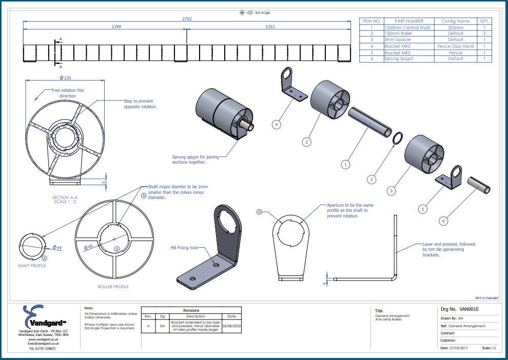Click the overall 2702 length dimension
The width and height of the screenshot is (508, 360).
coord(187,18)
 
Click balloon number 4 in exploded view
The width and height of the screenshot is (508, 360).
coord(276,124)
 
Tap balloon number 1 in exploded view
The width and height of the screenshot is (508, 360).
coord(346,165)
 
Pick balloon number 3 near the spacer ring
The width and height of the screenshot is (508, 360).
coord(372,179)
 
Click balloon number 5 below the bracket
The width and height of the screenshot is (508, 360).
coord(423,209)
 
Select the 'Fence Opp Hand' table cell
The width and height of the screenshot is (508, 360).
coord(455,46)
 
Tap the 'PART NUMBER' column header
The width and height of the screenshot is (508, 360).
coord(408,21)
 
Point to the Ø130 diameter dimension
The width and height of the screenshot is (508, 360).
coord(65,77)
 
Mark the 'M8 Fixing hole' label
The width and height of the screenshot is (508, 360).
coord(184,248)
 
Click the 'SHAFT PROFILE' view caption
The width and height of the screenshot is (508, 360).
coord(32,266)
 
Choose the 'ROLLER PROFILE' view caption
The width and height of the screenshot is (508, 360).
coord(113,287)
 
